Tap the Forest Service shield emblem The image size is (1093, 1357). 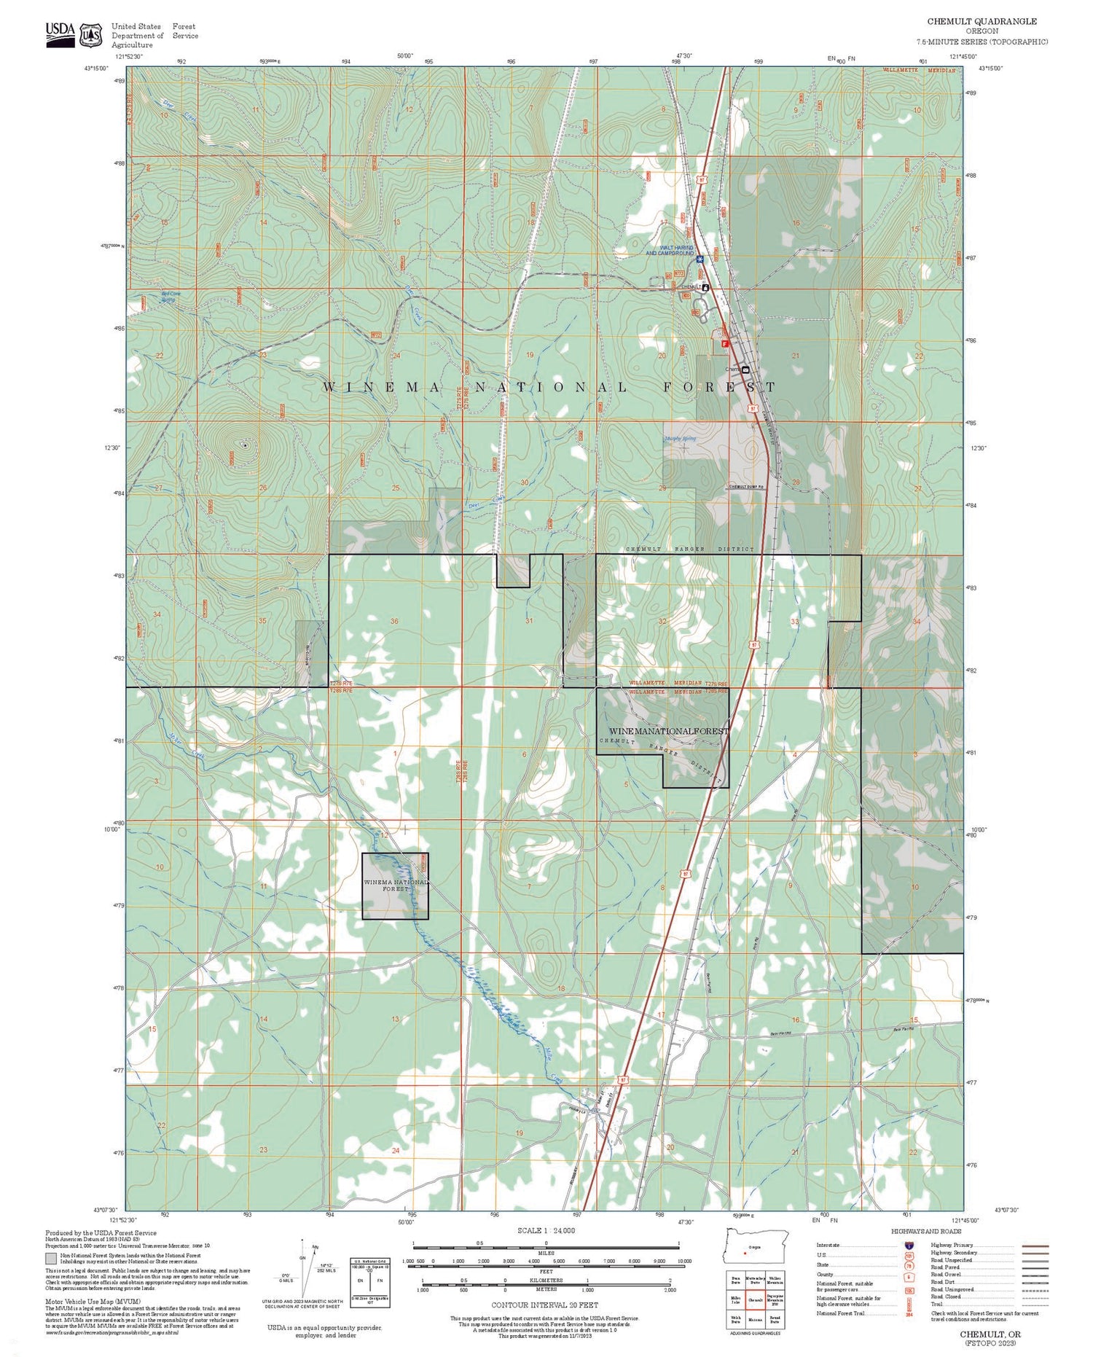[x=90, y=34]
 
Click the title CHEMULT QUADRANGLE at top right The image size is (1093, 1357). [x=982, y=22]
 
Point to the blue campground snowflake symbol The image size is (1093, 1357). [x=700, y=259]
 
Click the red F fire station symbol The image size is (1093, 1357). [x=725, y=343]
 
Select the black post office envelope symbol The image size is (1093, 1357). [x=745, y=369]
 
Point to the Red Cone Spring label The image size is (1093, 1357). [x=168, y=297]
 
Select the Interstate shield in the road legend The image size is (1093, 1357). [x=909, y=1245]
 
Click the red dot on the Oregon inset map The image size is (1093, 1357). [x=745, y=1254]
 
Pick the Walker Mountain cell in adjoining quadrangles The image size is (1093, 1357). [x=775, y=1279]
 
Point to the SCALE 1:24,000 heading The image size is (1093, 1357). [x=546, y=1230]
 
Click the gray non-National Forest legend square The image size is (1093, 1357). [x=51, y=1258]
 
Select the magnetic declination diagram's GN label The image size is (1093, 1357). [x=302, y=1259]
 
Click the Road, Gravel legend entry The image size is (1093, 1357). [x=945, y=1275]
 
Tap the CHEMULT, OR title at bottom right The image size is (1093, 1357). [x=990, y=1334]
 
